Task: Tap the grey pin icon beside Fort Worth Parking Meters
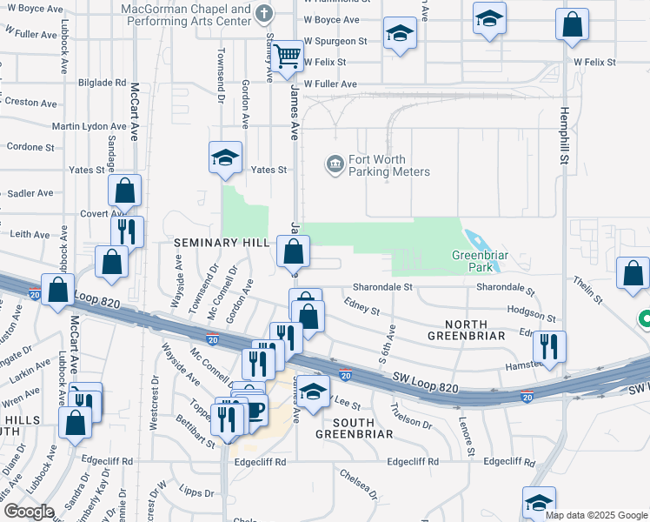(x=335, y=164)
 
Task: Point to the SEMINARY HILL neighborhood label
(x=222, y=243)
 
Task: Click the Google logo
(x=29, y=512)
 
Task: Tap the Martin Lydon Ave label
(x=83, y=127)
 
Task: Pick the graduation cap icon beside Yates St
(x=225, y=157)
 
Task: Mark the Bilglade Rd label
(x=103, y=83)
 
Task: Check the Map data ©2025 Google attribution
(x=596, y=514)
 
